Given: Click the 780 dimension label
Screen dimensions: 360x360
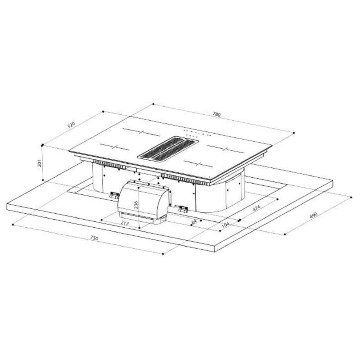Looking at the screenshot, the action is [x=216, y=114].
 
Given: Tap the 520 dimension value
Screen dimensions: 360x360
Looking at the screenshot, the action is [x=71, y=125].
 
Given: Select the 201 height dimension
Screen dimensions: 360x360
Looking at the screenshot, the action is [x=40, y=163].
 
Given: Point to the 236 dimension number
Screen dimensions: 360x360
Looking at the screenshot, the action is [x=136, y=205].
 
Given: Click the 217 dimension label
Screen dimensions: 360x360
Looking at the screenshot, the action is [x=125, y=223].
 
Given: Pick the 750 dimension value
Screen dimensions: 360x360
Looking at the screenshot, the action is [x=94, y=238].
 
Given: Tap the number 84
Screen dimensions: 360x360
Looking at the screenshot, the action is [x=194, y=222].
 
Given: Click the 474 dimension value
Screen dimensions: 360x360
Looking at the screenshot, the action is [x=256, y=208].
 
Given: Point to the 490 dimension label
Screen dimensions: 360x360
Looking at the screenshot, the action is [x=313, y=216].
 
